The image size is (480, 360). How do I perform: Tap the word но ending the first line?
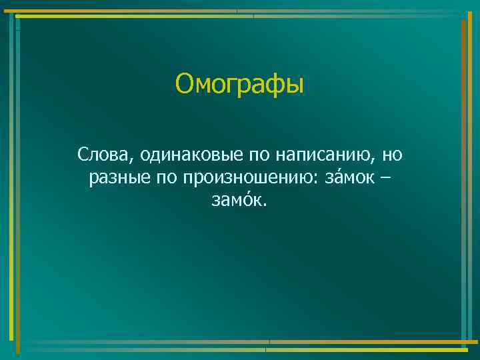coord(393,157)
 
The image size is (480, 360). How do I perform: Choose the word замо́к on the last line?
coord(237,201)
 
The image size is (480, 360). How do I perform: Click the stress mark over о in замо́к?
coord(247,192)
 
